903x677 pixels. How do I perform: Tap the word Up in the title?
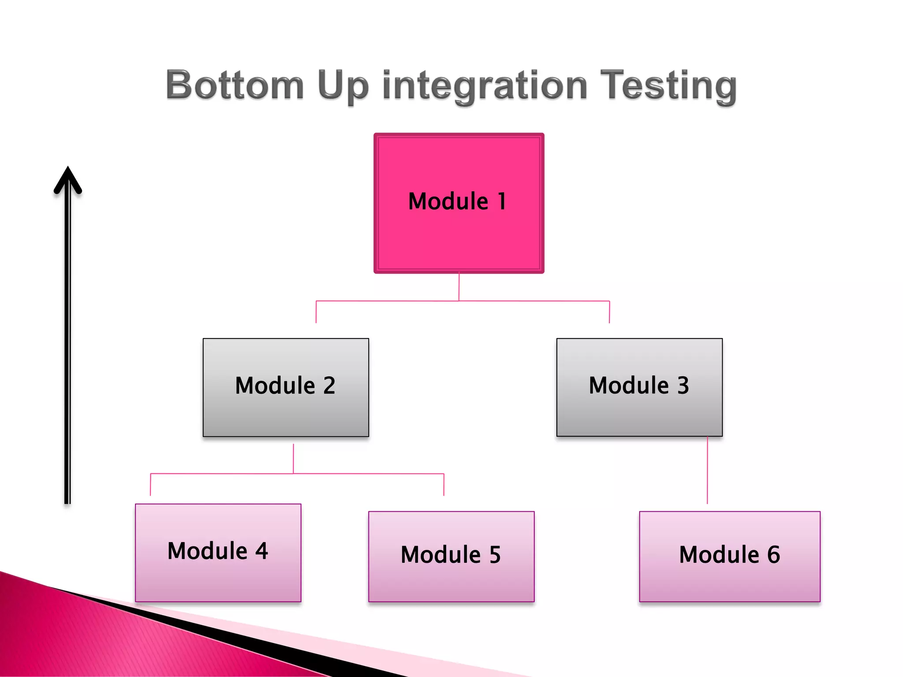pos(343,86)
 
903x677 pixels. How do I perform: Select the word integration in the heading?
pos(485,86)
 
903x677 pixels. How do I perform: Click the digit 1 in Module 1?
pos(502,201)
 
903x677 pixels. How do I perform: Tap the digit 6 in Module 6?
pos(773,554)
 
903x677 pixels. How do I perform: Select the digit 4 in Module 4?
pos(261,551)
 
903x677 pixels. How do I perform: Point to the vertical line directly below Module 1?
pos(459,286)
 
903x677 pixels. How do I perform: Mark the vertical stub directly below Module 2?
pos(293,458)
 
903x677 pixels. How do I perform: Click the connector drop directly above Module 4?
pos(150,485)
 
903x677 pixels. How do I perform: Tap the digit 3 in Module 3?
pos(683,385)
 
